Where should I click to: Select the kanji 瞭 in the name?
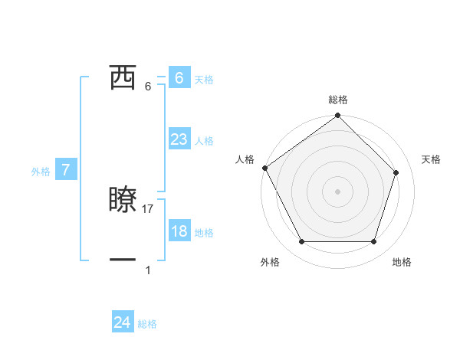pyautogui.click(x=123, y=200)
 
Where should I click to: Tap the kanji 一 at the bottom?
pyautogui.click(x=123, y=260)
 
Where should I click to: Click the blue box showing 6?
pyautogui.click(x=179, y=78)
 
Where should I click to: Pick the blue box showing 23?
pyautogui.click(x=179, y=139)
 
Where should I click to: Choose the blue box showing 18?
pyautogui.click(x=179, y=231)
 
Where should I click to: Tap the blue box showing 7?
pyautogui.click(x=66, y=170)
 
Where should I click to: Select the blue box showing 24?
pyautogui.click(x=123, y=322)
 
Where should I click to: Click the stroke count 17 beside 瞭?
pyautogui.click(x=148, y=208)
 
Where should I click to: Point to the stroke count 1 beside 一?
pyautogui.click(x=148, y=270)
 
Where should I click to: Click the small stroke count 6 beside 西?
pyautogui.click(x=148, y=86)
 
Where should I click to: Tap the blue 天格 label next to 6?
pyautogui.click(x=204, y=79)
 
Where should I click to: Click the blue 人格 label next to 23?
pyautogui.click(x=204, y=140)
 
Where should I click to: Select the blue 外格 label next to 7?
pyautogui.click(x=41, y=172)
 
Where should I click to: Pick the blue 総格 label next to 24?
pyautogui.click(x=147, y=324)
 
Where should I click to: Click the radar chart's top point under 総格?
pyautogui.click(x=337, y=116)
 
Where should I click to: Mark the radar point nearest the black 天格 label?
pyautogui.click(x=396, y=173)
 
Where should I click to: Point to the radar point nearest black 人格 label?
pyautogui.click(x=264, y=168)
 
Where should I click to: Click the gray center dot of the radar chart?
pyautogui.click(x=337, y=191)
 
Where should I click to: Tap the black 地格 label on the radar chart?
pyautogui.click(x=402, y=262)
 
